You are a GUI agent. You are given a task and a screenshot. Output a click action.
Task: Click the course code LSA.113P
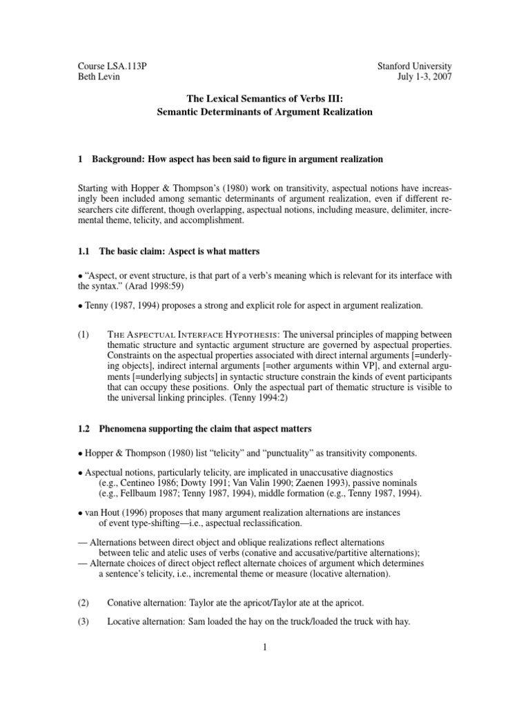[x=128, y=66]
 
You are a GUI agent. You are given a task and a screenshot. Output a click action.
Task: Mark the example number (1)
[x=84, y=332]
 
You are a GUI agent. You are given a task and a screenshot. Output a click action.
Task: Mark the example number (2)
[x=84, y=602]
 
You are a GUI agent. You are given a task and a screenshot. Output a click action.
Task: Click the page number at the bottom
[x=265, y=647]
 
